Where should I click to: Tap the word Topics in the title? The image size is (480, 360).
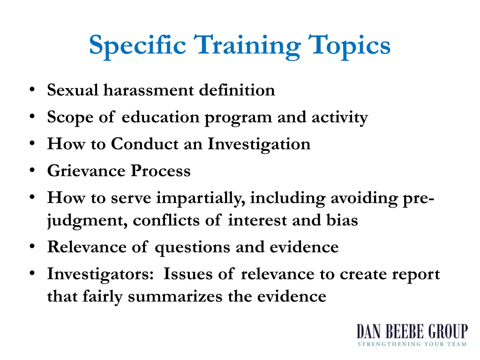pos(349,46)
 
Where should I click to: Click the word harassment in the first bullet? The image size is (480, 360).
pos(149,90)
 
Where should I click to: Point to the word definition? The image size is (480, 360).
pos(237,90)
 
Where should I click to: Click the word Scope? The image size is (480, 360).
pos(66,117)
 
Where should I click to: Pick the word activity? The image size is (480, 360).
pos(340,117)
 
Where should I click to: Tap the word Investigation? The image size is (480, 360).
pos(259,144)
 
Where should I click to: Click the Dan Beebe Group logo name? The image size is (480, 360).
pos(412,332)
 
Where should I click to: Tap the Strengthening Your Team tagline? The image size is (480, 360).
pos(412,345)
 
